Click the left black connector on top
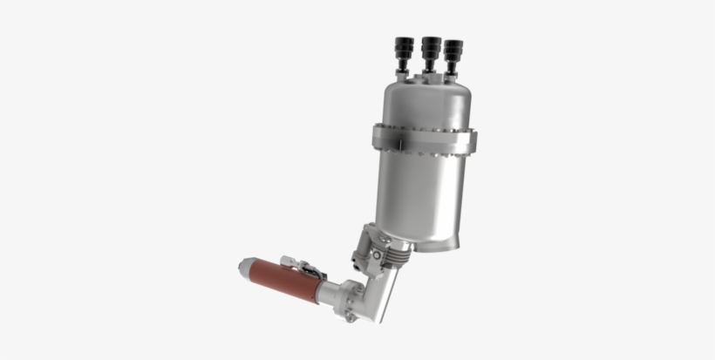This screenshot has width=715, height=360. click(404, 47)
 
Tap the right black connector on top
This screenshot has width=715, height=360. click(452, 49)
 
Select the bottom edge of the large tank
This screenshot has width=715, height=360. click(427, 246)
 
